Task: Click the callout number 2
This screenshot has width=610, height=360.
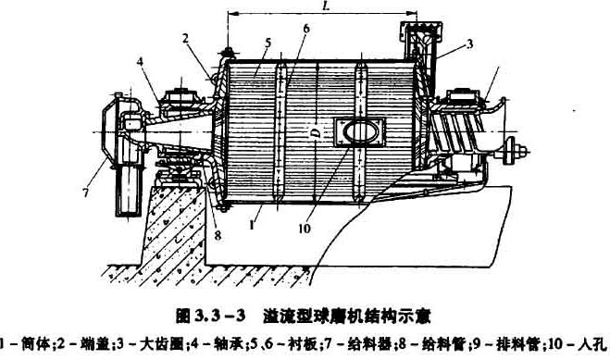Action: point(185,37)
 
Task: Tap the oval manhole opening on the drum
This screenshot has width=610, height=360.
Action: point(359,133)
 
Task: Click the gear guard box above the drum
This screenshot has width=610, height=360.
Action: point(417,35)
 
